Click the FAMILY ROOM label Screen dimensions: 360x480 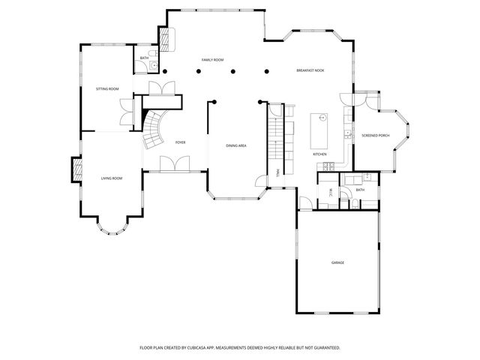point(213,59)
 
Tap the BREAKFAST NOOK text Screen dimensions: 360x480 point(310,70)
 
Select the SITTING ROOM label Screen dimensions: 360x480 point(107,88)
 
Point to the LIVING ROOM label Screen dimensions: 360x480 point(112,178)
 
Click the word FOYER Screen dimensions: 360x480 point(181,142)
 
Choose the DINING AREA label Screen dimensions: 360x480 point(236,145)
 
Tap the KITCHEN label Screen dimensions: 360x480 point(320,154)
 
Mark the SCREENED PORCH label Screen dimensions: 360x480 point(375,136)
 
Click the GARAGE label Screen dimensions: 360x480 point(338,262)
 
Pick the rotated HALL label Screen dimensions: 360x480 point(278,172)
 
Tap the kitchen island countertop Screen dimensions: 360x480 point(319,130)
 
